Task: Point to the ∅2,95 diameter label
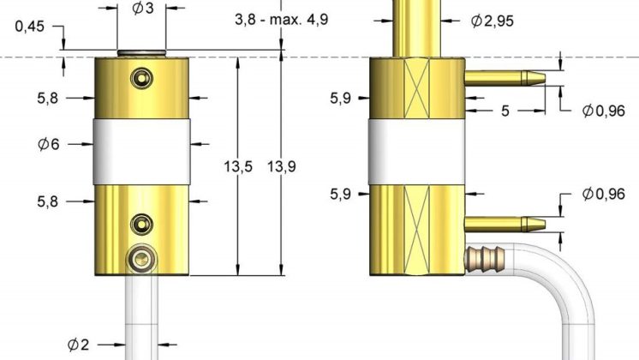coord(493,21)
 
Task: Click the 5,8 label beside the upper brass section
coord(48,99)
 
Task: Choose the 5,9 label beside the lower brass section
coord(341,194)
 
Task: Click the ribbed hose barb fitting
coord(487,256)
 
